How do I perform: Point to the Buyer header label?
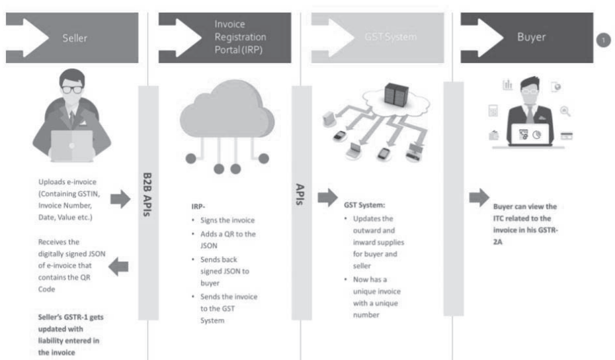pyautogui.click(x=533, y=38)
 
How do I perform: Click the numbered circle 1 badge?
pyautogui.click(x=603, y=40)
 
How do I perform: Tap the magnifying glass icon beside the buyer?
pyautogui.click(x=565, y=112)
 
